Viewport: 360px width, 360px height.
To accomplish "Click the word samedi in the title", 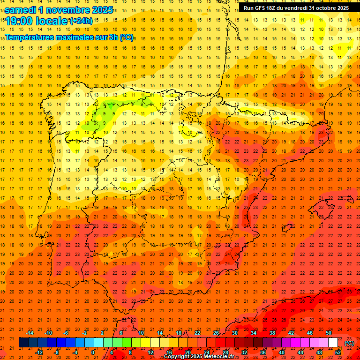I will (21, 9).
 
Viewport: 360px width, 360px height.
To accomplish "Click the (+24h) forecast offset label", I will (81, 21).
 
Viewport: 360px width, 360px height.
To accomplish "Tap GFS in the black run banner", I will (261, 8).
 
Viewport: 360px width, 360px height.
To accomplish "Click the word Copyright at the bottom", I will (178, 357).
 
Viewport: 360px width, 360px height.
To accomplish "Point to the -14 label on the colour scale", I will (30, 333).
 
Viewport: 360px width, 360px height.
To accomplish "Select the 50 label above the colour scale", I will (329, 333).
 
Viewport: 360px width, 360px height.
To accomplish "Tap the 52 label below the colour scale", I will (338, 352).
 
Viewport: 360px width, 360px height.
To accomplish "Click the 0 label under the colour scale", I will (93, 352).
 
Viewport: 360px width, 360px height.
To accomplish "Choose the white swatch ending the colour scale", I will (333, 343).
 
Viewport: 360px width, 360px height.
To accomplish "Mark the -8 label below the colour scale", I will (57, 352).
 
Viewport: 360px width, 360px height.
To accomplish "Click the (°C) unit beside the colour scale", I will (349, 343).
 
